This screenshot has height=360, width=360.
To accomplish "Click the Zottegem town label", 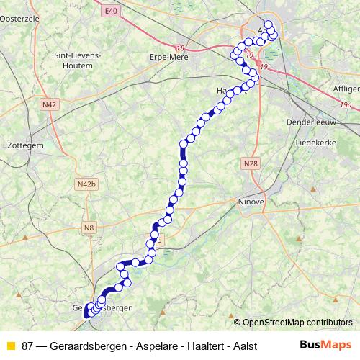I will point(25,144).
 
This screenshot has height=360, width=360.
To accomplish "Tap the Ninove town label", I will point(252,202).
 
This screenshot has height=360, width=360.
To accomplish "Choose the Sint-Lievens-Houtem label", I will point(77,60).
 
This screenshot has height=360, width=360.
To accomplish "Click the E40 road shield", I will point(109,11).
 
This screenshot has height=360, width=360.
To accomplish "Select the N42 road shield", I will point(50,104).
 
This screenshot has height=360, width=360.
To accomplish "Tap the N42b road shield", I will point(85,185).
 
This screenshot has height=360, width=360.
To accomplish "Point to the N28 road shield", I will point(250,164).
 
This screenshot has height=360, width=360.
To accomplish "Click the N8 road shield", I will point(89,228).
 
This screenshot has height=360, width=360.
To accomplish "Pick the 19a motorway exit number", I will point(346,105).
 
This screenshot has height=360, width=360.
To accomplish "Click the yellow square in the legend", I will point(10,346).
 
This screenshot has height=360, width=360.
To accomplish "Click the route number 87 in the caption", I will point(28,346).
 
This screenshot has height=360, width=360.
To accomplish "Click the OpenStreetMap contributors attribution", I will point(297,322).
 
